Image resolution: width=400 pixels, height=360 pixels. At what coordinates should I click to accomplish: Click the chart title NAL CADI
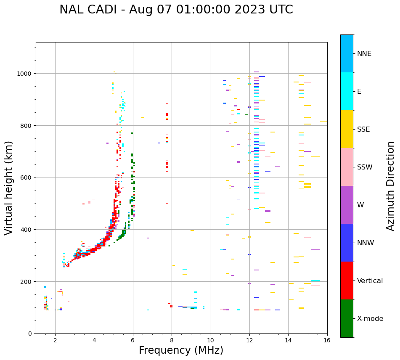point(176,10)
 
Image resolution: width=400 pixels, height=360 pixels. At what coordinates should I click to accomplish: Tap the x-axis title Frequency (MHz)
point(181,350)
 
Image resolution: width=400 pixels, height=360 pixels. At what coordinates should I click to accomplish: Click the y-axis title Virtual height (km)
point(9,188)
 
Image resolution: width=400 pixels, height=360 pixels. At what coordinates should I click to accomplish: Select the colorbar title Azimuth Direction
point(391,186)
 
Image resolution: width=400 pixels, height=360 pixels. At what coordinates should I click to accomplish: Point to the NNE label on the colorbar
point(364,53)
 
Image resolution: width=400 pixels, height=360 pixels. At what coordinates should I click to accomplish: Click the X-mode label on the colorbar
point(370,319)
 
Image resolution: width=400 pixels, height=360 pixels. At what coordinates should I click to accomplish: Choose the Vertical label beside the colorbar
point(370,281)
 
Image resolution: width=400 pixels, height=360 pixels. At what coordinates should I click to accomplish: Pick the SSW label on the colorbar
point(365,167)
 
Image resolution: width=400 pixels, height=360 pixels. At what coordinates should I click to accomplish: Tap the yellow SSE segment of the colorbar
point(347,129)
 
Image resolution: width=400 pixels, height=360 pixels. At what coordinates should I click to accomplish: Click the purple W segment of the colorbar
point(347,205)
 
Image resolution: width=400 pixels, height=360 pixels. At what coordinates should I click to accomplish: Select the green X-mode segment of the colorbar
point(347,318)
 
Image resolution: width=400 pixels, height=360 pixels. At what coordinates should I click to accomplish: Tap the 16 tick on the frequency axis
point(327,340)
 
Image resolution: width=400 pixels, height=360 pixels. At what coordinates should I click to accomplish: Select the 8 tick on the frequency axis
point(172,340)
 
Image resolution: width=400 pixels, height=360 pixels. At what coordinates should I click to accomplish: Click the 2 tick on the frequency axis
point(55,340)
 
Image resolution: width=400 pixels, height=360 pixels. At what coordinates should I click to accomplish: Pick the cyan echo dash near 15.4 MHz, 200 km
point(315,281)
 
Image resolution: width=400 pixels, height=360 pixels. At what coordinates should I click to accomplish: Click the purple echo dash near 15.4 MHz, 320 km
point(315,250)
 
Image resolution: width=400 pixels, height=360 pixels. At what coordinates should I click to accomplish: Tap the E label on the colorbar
point(359,91)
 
